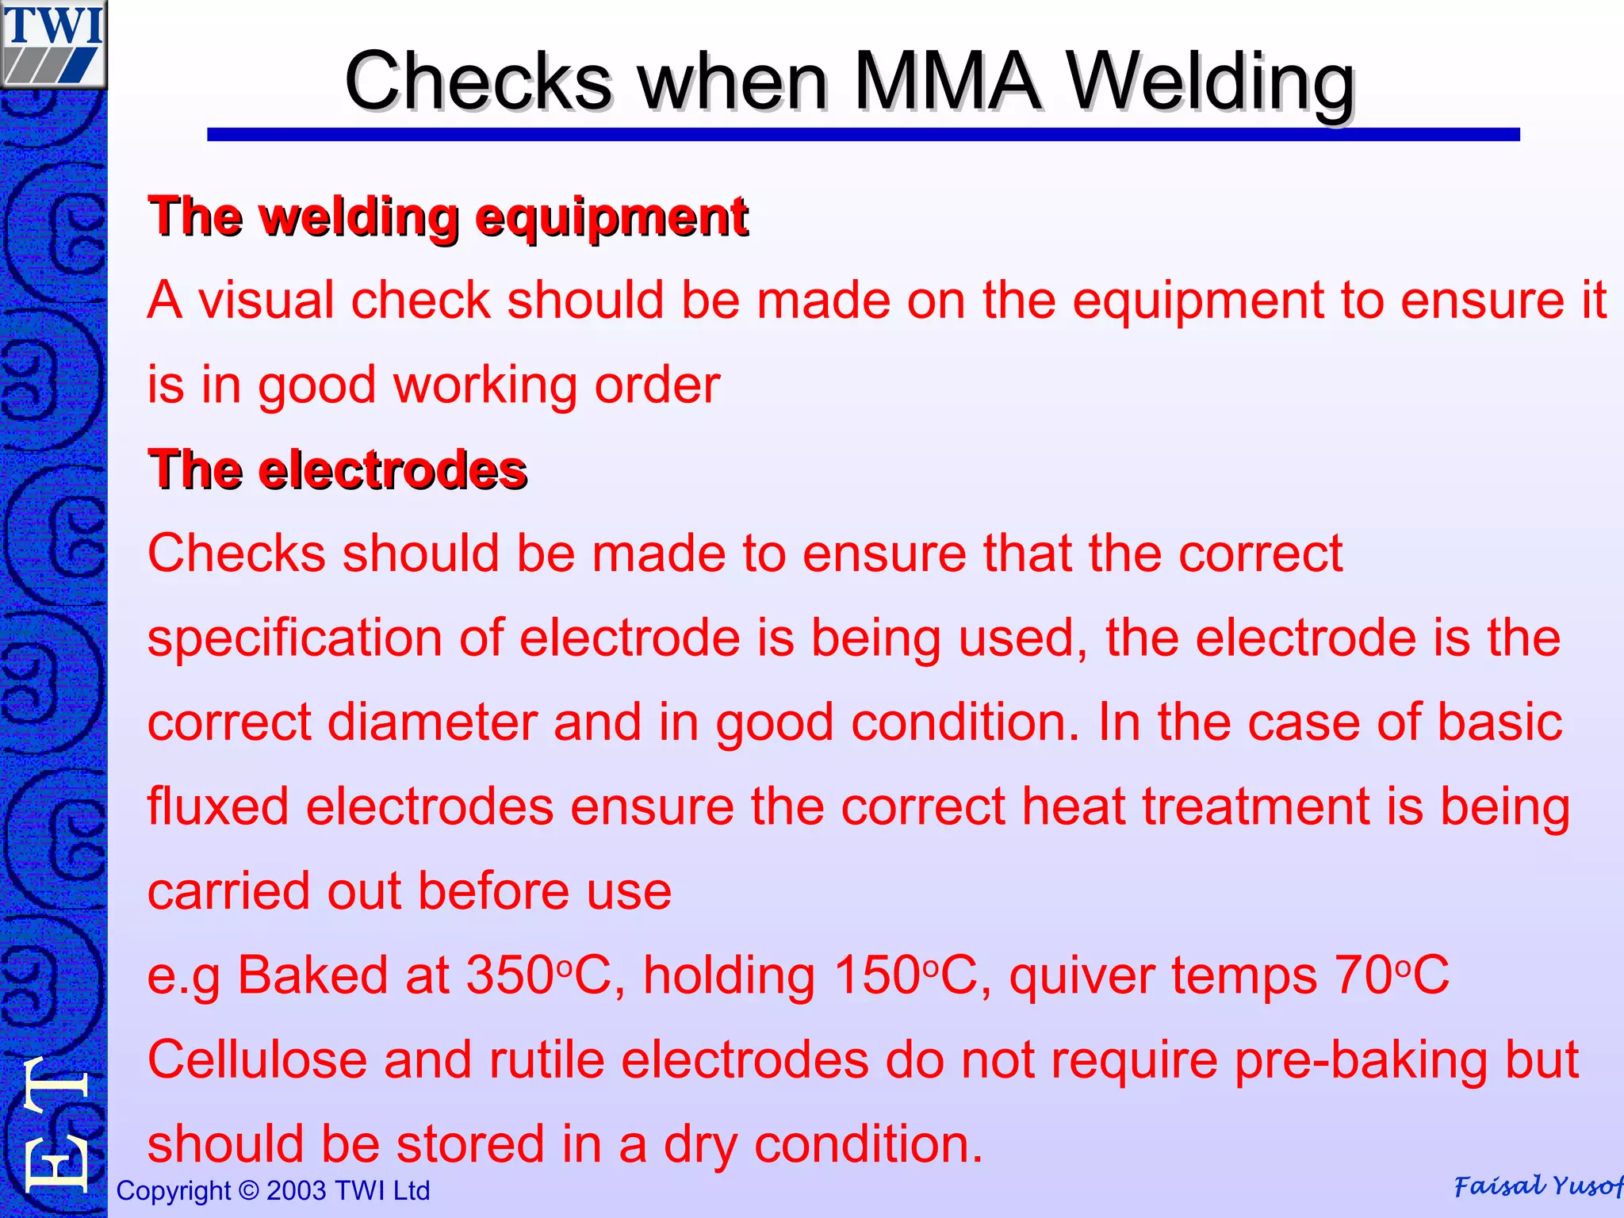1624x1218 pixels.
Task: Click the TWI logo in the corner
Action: click(x=53, y=44)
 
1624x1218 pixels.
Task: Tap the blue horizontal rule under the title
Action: click(x=863, y=135)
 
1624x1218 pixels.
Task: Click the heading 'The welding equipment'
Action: click(x=448, y=216)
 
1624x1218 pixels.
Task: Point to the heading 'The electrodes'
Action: click(x=337, y=469)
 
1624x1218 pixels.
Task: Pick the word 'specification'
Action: click(x=294, y=639)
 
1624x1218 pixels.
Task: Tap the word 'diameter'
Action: click(x=431, y=722)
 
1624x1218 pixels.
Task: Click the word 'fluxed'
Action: click(x=218, y=807)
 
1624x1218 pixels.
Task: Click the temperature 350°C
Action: click(x=538, y=975)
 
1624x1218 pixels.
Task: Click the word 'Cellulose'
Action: click(x=257, y=1060)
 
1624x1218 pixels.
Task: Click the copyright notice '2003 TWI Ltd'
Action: click(x=347, y=1191)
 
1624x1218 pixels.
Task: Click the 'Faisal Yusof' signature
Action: click(x=1537, y=1186)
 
